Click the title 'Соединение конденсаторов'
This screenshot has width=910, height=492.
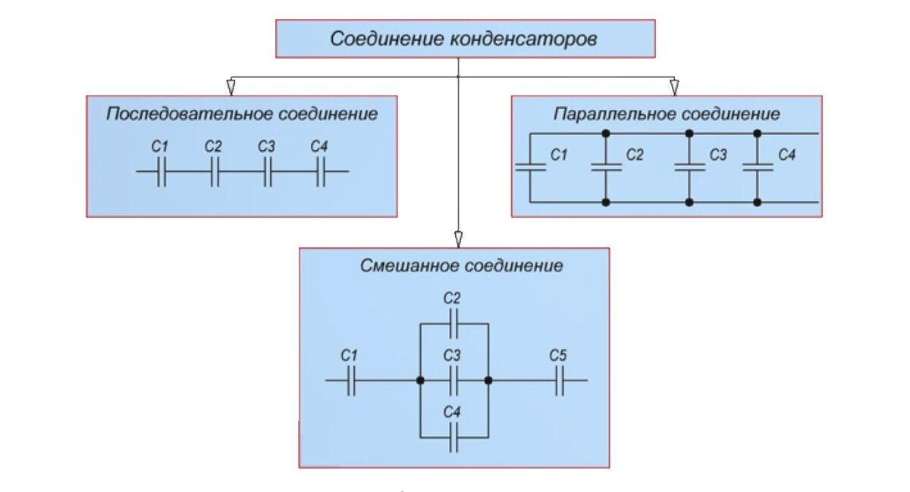463,39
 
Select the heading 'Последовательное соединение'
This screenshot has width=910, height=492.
242,114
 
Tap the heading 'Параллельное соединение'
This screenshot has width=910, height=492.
667,114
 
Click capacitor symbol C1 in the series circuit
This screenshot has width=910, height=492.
161,172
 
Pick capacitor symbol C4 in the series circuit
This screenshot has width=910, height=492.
320,172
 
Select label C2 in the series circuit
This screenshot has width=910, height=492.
213,146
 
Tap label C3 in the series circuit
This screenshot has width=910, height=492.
265,146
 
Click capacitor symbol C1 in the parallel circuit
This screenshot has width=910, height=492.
531,168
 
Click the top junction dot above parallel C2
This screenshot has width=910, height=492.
605,133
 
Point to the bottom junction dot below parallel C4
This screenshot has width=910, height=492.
757,202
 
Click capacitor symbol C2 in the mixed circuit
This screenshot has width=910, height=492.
453,326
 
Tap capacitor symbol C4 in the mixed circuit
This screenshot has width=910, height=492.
453,437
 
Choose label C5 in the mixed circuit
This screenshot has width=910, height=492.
558,355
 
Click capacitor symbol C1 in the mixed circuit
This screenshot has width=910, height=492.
350,380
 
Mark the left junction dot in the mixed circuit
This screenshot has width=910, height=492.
419,380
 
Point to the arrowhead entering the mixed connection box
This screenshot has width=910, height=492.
458,240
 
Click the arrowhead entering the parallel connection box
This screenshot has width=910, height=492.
674,88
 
